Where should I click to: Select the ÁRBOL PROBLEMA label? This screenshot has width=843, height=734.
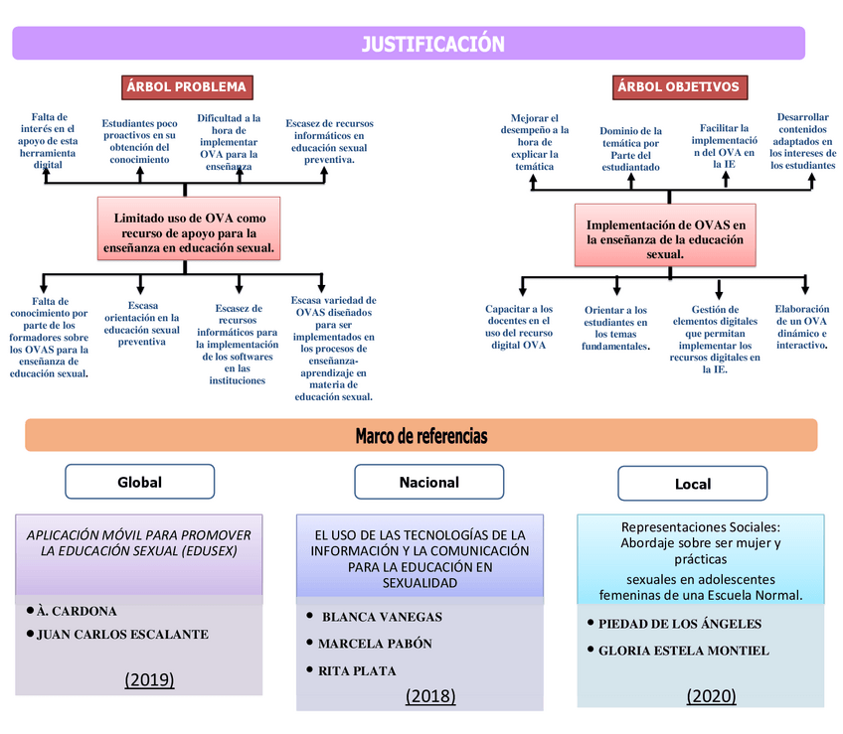point(185,87)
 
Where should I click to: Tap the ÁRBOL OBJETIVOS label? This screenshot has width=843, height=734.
point(678,87)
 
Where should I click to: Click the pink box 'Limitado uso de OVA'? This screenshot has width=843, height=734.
point(189,228)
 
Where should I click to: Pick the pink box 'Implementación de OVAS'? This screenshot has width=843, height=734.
point(665,235)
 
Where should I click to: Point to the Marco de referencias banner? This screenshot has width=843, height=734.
point(421,436)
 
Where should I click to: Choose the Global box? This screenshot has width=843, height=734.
point(139,483)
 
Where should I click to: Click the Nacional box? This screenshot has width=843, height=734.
point(428,483)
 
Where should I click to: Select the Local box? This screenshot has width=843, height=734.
point(692,485)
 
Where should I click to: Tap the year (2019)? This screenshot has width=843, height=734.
point(149,680)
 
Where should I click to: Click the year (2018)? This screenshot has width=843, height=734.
point(429,696)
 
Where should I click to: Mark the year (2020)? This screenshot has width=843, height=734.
point(711,696)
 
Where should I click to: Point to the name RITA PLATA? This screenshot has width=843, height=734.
point(357,671)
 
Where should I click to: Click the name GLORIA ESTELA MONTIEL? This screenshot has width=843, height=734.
point(683,651)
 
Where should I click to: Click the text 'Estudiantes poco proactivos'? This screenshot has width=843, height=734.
point(139,141)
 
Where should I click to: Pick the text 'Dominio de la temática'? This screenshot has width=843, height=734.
point(630,149)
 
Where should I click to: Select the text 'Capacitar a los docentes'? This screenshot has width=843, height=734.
point(519,327)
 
